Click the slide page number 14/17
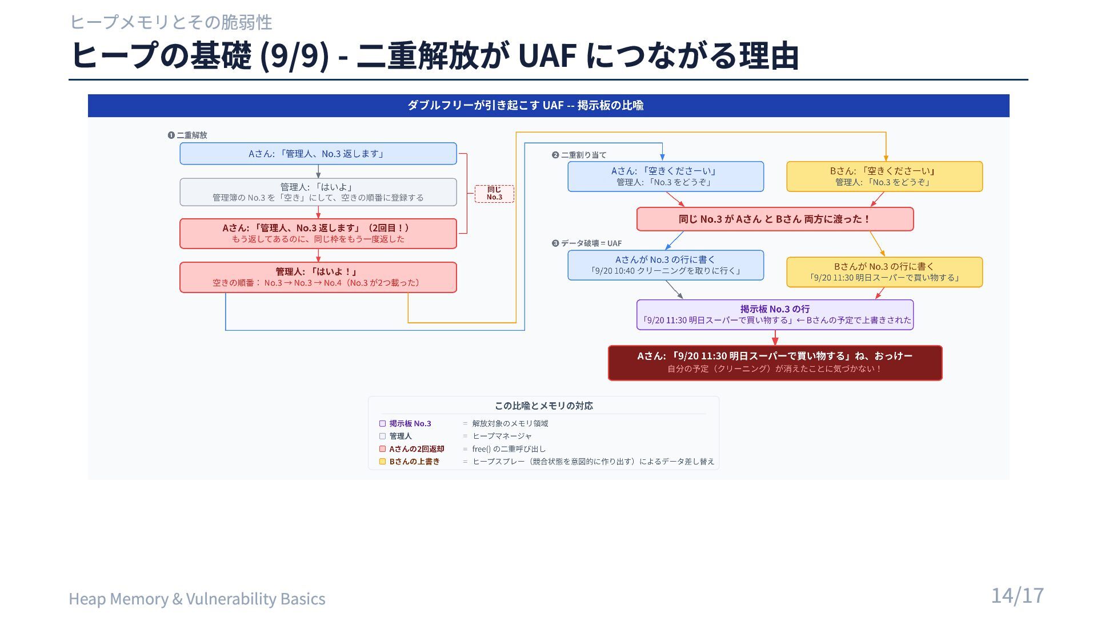coord(1017,595)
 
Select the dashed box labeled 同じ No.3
coord(494,194)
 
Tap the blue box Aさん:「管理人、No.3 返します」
coord(318,154)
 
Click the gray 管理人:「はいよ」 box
coord(318,192)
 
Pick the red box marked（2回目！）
coord(318,234)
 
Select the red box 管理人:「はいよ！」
coord(318,277)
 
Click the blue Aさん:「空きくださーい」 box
coord(666,177)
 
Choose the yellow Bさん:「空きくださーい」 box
coord(884,177)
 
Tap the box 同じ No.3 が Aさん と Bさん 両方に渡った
coord(775,219)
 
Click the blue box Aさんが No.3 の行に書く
coord(666,265)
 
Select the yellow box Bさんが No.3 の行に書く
coord(884,272)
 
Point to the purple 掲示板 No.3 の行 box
coord(775,315)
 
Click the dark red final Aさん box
coord(775,363)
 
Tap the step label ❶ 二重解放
coord(187,135)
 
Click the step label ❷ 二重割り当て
coord(579,155)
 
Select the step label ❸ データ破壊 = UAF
coord(587,243)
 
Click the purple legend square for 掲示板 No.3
coord(383,424)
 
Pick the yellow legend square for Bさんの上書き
coord(383,462)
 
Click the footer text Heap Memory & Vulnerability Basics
coord(197,599)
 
